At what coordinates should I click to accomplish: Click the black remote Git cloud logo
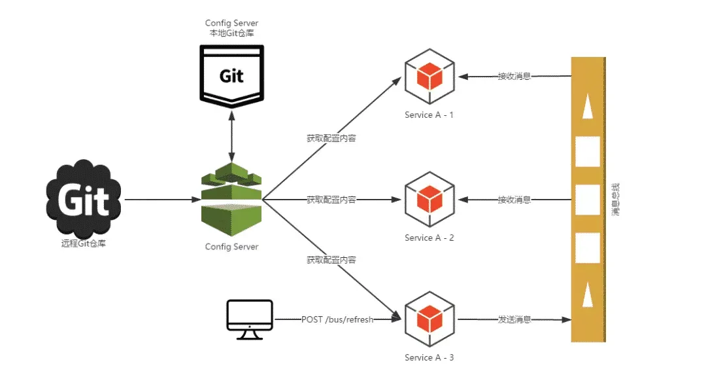(x=84, y=199)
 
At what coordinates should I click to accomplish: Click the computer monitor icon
(x=249, y=319)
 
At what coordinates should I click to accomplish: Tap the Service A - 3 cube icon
(x=429, y=320)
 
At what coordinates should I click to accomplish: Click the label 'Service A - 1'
(x=429, y=115)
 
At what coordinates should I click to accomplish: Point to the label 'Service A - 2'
(x=429, y=238)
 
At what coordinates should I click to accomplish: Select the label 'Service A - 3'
(x=429, y=358)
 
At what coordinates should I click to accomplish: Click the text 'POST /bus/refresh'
(x=337, y=320)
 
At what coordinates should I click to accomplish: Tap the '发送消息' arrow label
(x=514, y=320)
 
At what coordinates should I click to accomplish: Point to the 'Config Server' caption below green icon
(x=231, y=247)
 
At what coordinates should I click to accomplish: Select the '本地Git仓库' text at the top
(x=231, y=33)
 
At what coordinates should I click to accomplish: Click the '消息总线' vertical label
(x=616, y=200)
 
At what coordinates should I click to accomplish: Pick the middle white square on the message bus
(x=588, y=199)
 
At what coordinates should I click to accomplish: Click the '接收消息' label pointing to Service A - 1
(x=514, y=77)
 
